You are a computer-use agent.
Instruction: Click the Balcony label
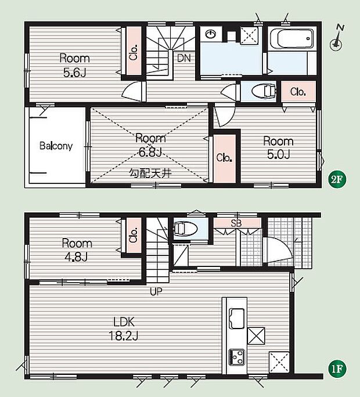pyautogui.click(x=56, y=146)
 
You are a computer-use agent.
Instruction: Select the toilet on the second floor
pyautogui.click(x=264, y=91)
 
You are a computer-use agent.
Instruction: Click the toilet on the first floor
pyautogui.click(x=185, y=229)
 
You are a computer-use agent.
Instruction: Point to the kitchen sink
pyautogui.click(x=237, y=318)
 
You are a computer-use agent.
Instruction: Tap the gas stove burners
pyautogui.click(x=237, y=357)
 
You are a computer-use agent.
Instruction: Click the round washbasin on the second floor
pyautogui.click(x=210, y=34)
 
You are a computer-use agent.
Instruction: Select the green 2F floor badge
pyautogui.click(x=337, y=179)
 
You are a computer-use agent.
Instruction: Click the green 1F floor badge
pyautogui.click(x=337, y=369)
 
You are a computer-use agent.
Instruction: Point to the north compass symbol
pyautogui.click(x=337, y=38)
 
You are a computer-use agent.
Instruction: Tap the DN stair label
pyautogui.click(x=184, y=58)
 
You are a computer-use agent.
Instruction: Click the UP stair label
pyautogui.click(x=156, y=291)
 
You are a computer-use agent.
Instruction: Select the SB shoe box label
pyautogui.click(x=236, y=223)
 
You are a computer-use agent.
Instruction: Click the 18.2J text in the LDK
pyautogui.click(x=124, y=336)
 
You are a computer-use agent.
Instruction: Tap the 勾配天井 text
pyautogui.click(x=150, y=173)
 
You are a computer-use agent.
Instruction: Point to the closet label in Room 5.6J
pyautogui.click(x=134, y=52)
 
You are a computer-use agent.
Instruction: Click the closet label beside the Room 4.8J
pyautogui.click(x=134, y=235)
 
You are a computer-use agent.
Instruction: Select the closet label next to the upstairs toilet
pyautogui.click(x=298, y=92)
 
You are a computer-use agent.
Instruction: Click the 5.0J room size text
pyautogui.click(x=279, y=154)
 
